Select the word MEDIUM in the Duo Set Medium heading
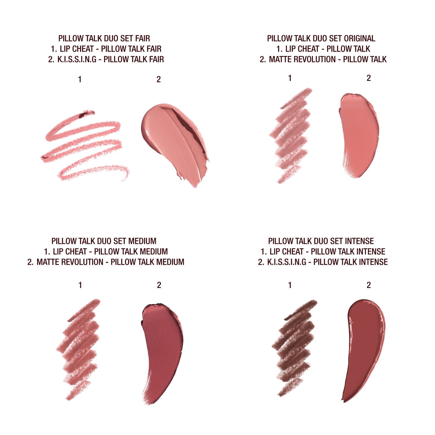(142, 241)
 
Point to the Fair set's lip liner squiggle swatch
(84, 145)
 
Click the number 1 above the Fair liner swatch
(80, 79)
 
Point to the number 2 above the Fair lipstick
(159, 79)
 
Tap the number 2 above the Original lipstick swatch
(369, 78)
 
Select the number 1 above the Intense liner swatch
(290, 285)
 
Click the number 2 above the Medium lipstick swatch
(159, 285)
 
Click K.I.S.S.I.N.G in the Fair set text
(77, 59)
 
